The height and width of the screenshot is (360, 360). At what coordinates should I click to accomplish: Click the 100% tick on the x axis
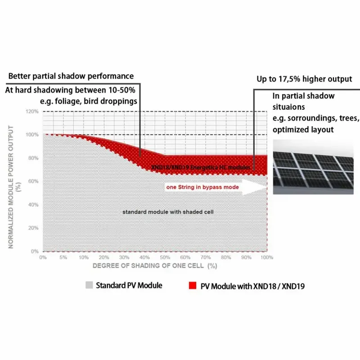pyautogui.click(x=267, y=258)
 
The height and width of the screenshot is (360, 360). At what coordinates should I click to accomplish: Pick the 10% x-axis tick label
pyautogui.click(x=84, y=258)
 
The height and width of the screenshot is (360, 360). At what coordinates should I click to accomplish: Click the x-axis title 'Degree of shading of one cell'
pyautogui.click(x=155, y=266)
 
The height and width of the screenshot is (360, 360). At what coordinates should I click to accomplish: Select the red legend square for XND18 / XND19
pyautogui.click(x=193, y=286)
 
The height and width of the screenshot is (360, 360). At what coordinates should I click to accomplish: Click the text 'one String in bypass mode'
pyautogui.click(x=202, y=187)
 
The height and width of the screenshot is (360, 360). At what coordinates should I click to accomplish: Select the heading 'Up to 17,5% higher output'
pyautogui.click(x=304, y=79)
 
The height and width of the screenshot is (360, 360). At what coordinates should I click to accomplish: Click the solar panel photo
pyautogui.click(x=313, y=166)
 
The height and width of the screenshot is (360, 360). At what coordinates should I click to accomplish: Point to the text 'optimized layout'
pyautogui.click(x=303, y=130)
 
